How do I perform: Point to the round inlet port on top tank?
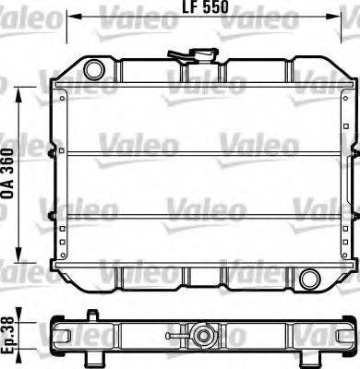click(x=93, y=69)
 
